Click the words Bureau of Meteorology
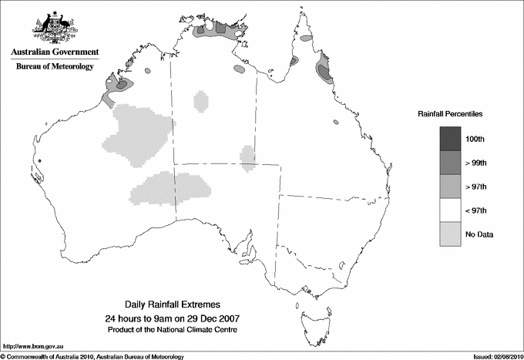pyautogui.click(x=55, y=67)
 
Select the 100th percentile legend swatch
pyautogui.click(x=450, y=138)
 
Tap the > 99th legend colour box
pyautogui.click(x=450, y=162)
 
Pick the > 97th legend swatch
pyautogui.click(x=450, y=186)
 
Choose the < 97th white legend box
pyautogui.click(x=450, y=210)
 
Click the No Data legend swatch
pyautogui.click(x=450, y=234)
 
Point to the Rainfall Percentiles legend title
pyautogui.click(x=450, y=113)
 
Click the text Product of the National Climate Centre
pyautogui.click(x=173, y=329)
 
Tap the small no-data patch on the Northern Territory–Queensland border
pyautogui.click(x=247, y=156)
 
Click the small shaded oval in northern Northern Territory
pyautogui.click(x=240, y=70)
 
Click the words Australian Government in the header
pyautogui.click(x=55, y=52)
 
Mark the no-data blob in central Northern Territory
pyautogui.click(x=201, y=100)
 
